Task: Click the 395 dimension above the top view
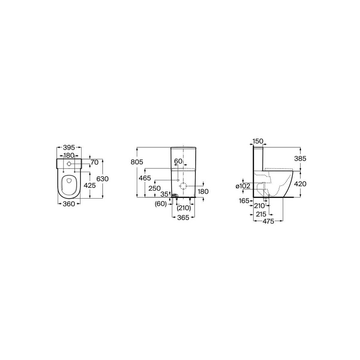tap(69, 147)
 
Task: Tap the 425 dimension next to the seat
tap(89, 185)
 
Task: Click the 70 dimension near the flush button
tap(94, 162)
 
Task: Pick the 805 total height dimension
tap(136, 162)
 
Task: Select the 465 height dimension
tap(145, 178)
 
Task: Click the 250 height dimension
tap(155, 188)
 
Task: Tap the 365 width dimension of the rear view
tap(183, 217)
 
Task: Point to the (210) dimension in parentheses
tap(183, 208)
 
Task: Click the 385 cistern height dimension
tap(300, 158)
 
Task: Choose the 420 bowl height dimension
tap(300, 184)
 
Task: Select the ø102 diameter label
tap(243, 186)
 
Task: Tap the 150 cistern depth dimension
tap(258, 141)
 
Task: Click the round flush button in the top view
tap(69, 164)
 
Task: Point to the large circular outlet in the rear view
tap(183, 186)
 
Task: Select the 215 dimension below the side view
tap(262, 214)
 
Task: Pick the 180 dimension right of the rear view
tap(203, 191)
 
